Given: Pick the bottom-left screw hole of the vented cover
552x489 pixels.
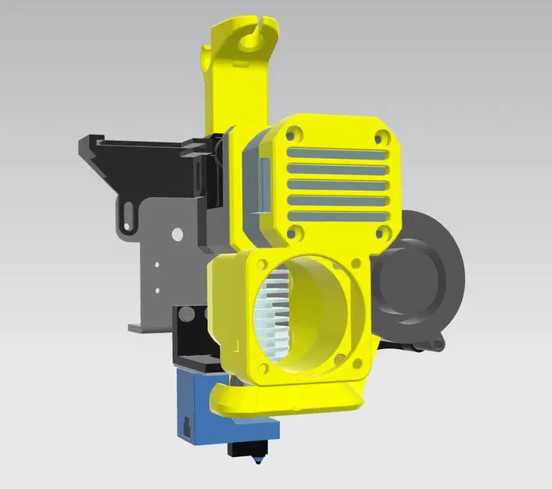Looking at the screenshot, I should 296,232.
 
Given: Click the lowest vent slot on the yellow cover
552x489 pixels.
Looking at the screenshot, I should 338,215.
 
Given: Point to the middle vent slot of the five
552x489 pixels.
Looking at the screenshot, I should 338,184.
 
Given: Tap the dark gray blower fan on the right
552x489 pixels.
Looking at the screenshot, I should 418,278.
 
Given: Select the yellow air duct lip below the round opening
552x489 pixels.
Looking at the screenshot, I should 289,399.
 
